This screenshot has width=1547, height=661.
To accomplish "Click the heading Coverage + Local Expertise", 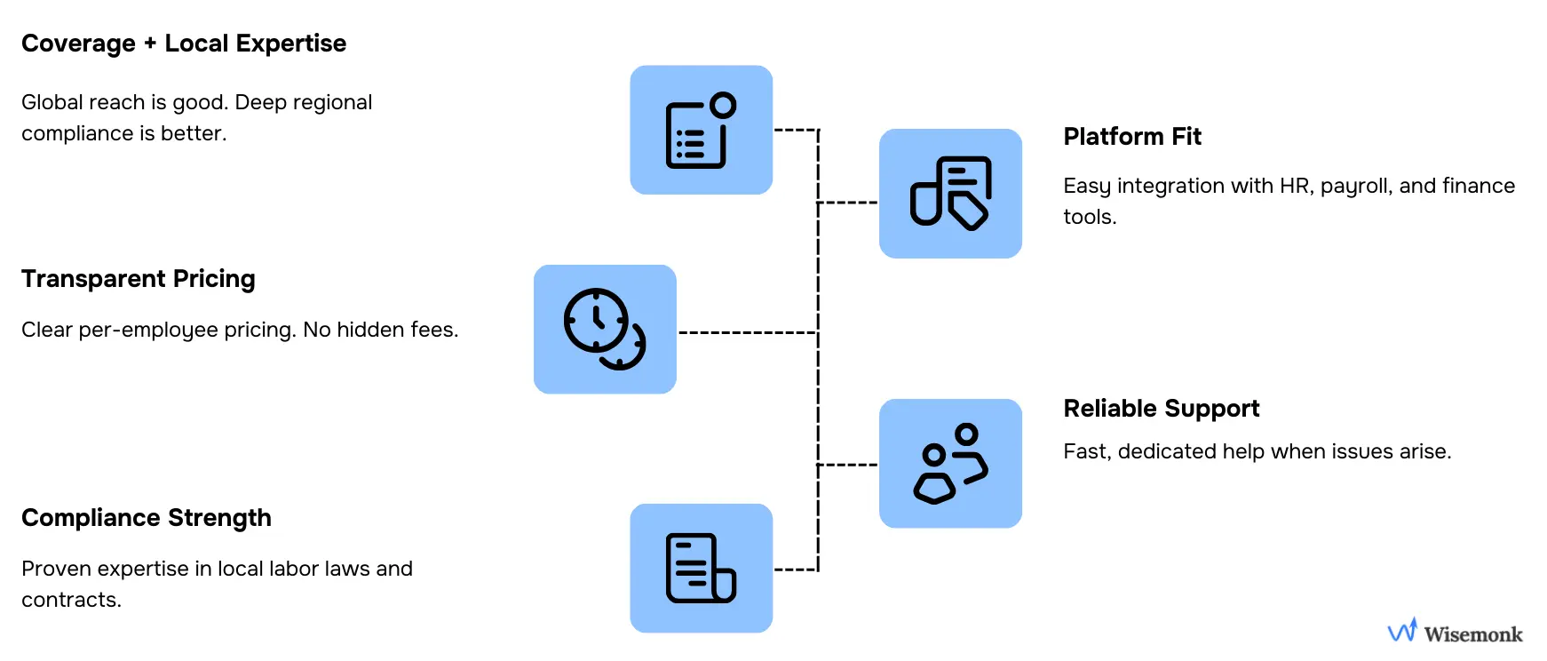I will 184,44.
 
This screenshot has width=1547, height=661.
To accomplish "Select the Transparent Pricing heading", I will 139,279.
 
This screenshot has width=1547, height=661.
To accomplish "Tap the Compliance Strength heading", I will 147,518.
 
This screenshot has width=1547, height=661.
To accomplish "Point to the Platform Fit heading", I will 1132,137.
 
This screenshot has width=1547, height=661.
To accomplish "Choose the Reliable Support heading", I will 1162,409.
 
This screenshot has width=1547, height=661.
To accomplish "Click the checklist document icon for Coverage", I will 701,131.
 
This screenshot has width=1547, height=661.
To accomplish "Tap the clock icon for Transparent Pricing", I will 605,330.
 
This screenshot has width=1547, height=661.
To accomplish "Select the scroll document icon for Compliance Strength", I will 701,569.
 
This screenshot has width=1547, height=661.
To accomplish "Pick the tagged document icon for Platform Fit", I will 950,194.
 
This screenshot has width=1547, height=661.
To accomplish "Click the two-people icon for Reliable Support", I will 950,464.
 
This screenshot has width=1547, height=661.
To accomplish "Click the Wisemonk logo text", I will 1473,634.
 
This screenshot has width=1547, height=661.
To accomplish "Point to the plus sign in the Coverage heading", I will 150,44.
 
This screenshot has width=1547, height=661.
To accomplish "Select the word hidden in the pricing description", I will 366,330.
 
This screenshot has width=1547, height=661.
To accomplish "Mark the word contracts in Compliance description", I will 70,601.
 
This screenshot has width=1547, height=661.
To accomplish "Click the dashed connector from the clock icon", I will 746,333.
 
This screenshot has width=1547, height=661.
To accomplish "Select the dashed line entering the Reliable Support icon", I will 848,465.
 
